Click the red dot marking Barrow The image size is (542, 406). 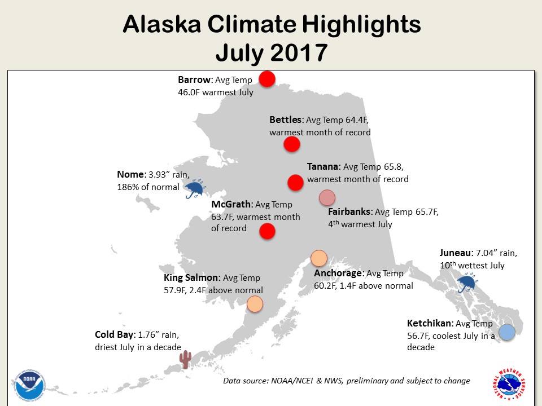pyautogui.click(x=266, y=78)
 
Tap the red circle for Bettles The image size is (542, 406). pyautogui.click(x=291, y=144)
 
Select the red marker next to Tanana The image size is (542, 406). pyautogui.click(x=295, y=182)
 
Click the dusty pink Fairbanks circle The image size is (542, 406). pyautogui.click(x=327, y=197)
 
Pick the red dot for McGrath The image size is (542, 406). pyautogui.click(x=266, y=231)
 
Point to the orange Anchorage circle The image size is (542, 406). pyautogui.click(x=319, y=258)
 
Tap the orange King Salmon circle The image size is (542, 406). pyautogui.click(x=255, y=304)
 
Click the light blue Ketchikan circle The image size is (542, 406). pyautogui.click(x=507, y=333)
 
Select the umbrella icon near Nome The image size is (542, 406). pyautogui.click(x=195, y=189)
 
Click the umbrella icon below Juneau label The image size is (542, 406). pyautogui.click(x=467, y=283)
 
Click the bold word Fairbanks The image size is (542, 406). pyautogui.click(x=350, y=212)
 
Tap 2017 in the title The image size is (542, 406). pyautogui.click(x=299, y=52)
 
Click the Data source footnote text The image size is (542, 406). pyautogui.click(x=346, y=381)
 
